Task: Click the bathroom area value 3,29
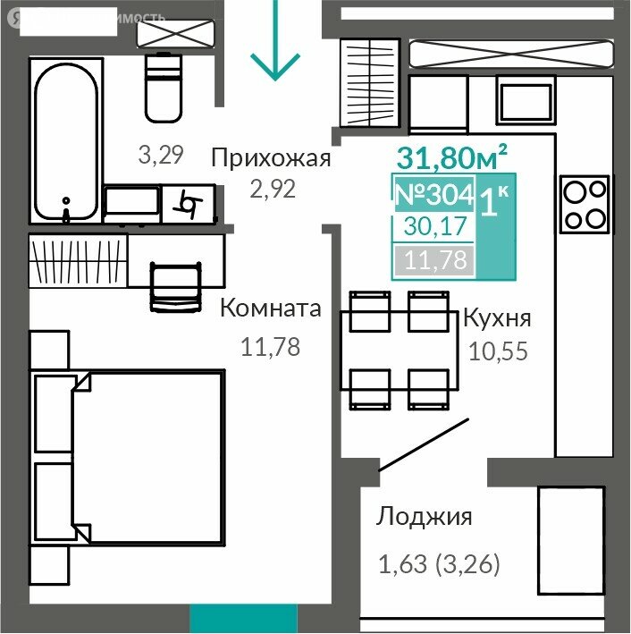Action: click(161, 155)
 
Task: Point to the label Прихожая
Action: click(271, 159)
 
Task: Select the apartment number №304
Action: click(433, 194)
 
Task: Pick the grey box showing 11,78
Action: click(435, 260)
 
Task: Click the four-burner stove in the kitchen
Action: click(585, 204)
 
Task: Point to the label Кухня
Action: click(496, 318)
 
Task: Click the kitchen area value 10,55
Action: click(498, 350)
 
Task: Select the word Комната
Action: click(270, 309)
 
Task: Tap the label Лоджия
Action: click(424, 516)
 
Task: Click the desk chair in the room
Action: click(171, 288)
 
